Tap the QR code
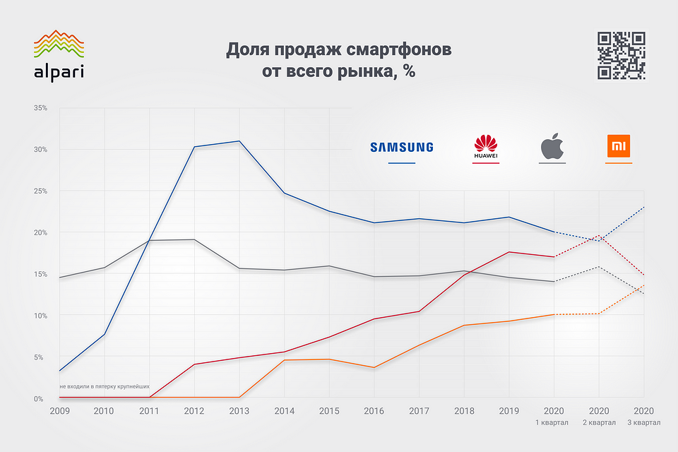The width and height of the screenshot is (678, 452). coord(621,55)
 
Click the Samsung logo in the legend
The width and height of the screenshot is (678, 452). coord(402,147)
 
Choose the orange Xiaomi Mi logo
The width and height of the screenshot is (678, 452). coord(619,147)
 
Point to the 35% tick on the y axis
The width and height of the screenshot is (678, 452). coord(40,108)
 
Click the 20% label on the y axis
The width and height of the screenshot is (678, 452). coord(40,232)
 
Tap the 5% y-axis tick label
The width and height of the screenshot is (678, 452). coord(42,357)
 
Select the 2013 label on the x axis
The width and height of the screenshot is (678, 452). coord(239,410)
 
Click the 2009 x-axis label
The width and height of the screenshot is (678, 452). coord(59,410)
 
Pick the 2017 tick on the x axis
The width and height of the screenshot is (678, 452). coord(419,410)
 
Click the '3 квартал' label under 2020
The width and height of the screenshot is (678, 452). coord(644,423)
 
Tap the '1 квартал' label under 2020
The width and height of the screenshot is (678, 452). coord(554,423)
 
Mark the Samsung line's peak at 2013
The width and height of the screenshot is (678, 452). coord(239,141)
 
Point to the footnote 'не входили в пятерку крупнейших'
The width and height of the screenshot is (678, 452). coord(105,386)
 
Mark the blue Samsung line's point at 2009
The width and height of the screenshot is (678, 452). coord(59,371)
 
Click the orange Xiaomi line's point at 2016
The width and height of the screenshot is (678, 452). coord(374,367)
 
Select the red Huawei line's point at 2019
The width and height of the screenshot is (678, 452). coord(509,252)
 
